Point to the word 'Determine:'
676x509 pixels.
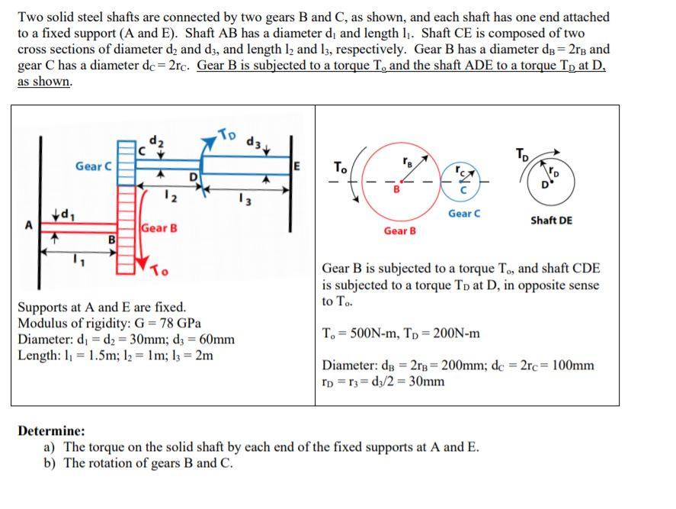pos(51,430)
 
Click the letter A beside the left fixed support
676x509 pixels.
pos(28,225)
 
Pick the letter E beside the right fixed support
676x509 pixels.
pos(297,166)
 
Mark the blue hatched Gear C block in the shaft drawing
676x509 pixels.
pos(127,163)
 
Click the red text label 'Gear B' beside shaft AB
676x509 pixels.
pos(159,228)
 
